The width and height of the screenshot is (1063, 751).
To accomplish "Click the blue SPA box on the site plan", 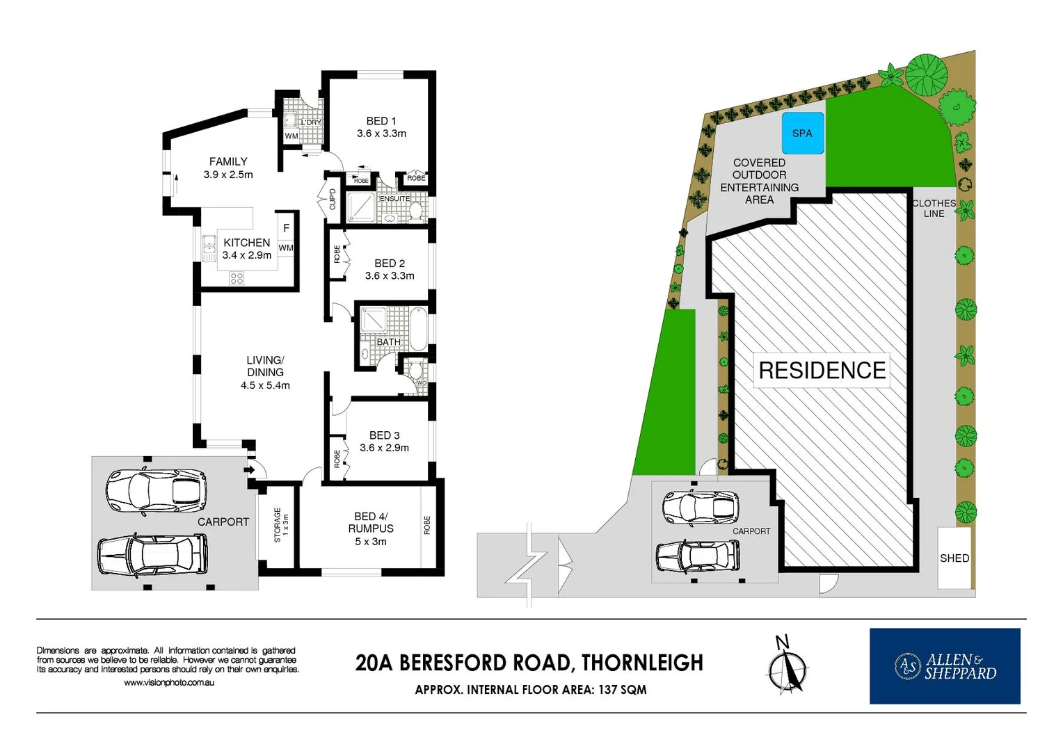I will pos(802,133).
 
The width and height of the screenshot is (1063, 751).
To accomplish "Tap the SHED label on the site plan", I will pos(954,558).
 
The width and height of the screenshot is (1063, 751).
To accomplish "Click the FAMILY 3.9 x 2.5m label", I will pos(228,168).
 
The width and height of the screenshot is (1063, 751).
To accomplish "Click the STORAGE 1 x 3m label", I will pos(280,524).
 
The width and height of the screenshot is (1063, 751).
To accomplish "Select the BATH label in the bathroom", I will pos(388,341).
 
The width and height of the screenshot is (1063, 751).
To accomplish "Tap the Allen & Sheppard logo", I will pos(944,665).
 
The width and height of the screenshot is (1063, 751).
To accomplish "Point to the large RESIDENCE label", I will pos(822,371).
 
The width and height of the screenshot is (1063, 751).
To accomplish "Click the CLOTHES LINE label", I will pos(934,208).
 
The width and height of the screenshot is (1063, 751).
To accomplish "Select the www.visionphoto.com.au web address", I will pos(169,683).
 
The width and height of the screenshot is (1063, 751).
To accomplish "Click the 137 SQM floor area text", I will pos(622,690).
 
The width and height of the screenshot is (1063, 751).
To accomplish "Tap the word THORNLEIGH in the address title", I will pos(642,663).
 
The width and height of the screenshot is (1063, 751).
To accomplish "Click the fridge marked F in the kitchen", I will pos(286,228).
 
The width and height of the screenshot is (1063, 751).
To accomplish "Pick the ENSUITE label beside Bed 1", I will pos(394,198).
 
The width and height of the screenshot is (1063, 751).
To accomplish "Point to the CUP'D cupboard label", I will pos(332,199).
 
